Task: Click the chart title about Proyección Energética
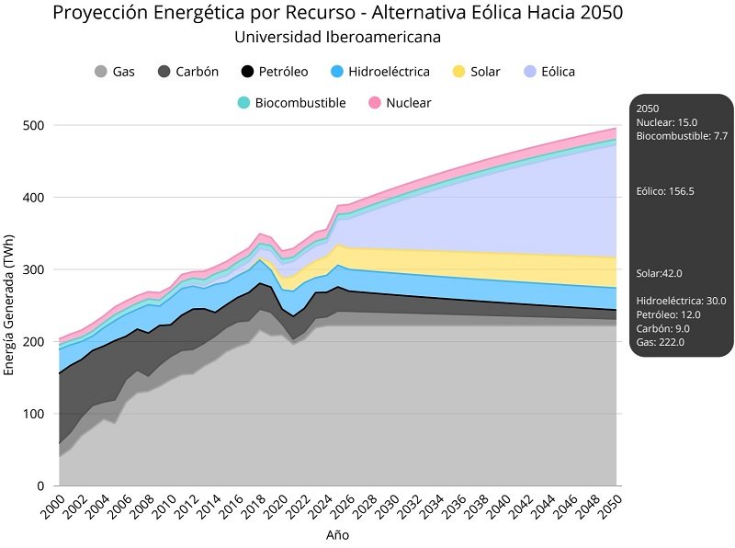tap(337, 13)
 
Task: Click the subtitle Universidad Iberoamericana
tap(337, 38)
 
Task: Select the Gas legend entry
tap(116, 72)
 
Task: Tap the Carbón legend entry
tap(188, 72)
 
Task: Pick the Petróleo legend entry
tap(274, 72)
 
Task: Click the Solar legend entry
tap(477, 72)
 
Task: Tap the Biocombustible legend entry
tap(291, 103)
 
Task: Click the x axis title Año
tap(337, 534)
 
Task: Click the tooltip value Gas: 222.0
tap(660, 342)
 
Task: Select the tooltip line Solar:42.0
tap(659, 273)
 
